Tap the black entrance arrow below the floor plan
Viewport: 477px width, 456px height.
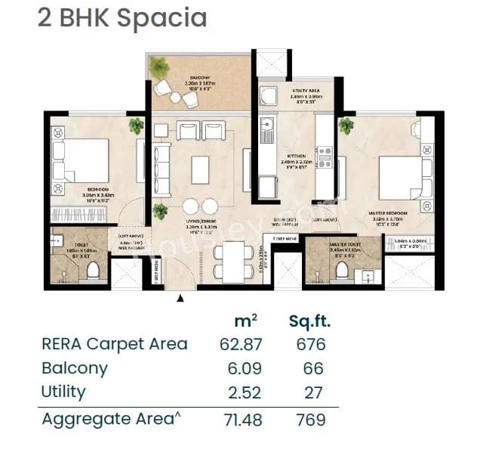point(180,299)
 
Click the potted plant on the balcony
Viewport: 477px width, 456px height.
point(159,68)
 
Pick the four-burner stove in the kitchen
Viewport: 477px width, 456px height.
point(325,157)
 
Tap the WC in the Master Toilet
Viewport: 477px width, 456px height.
point(341,270)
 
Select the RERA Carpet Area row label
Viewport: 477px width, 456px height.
point(114,344)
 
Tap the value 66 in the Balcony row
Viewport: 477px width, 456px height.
point(312,368)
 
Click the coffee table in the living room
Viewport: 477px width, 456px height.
point(200,169)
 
